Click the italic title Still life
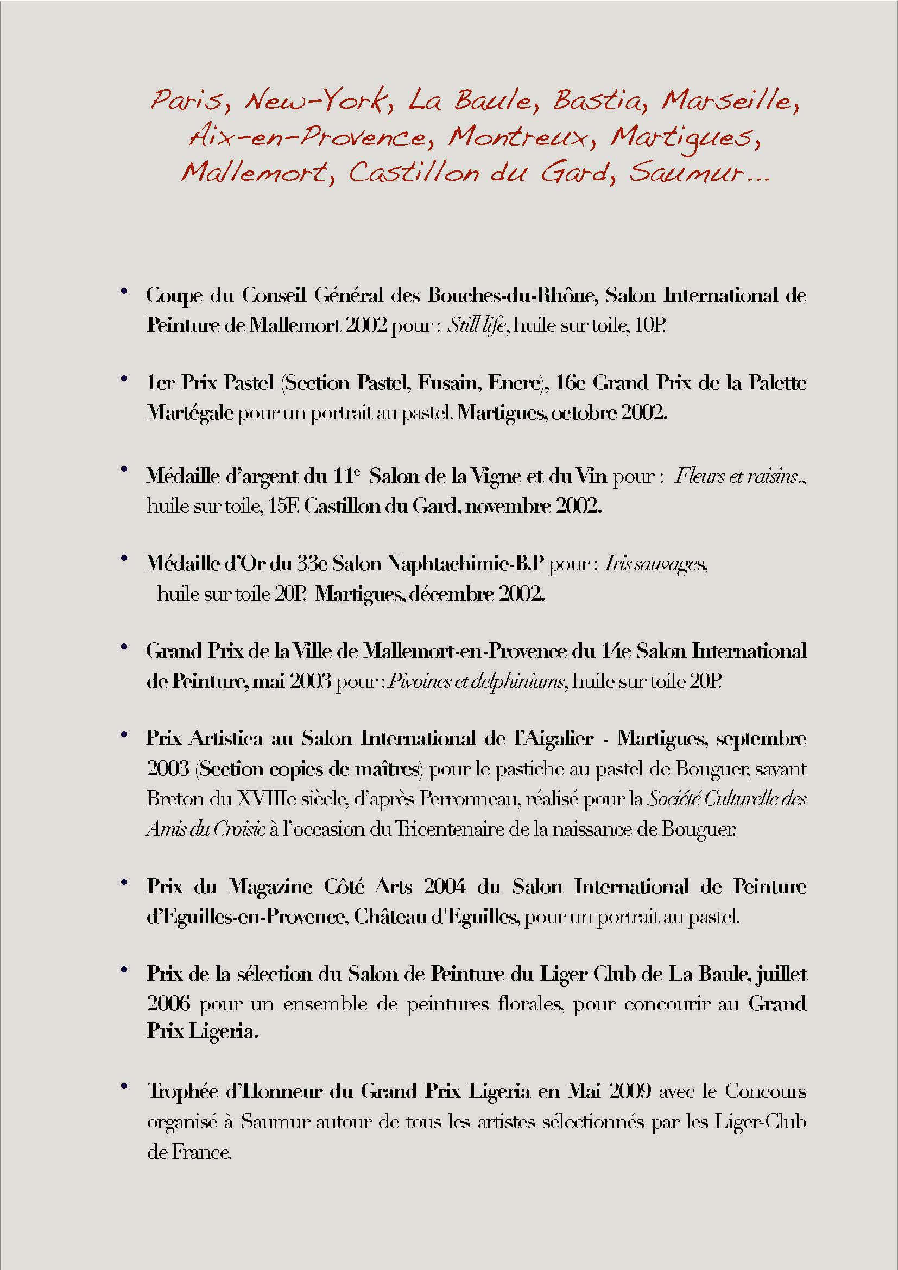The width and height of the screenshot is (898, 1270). pos(477,325)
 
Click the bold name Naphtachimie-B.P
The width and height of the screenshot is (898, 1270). pos(466,563)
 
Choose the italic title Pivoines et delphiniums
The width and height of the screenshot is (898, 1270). pos(477,681)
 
